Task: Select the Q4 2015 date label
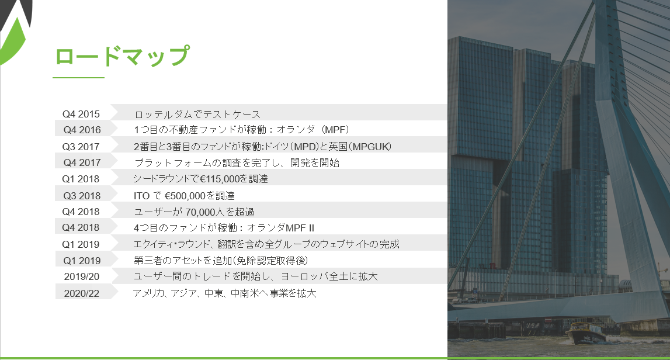pyautogui.click(x=81, y=114)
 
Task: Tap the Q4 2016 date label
pyautogui.click(x=82, y=130)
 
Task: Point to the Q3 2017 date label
pyautogui.click(x=81, y=147)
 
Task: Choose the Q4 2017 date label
pyautogui.click(x=82, y=162)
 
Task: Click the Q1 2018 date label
pyautogui.click(x=81, y=179)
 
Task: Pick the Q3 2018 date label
pyautogui.click(x=82, y=196)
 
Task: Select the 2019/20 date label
pyautogui.click(x=82, y=276)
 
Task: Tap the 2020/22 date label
pyautogui.click(x=82, y=293)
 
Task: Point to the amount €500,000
pyautogui.click(x=185, y=196)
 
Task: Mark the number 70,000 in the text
pyautogui.click(x=200, y=212)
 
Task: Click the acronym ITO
pyautogui.click(x=141, y=196)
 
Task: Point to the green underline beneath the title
pyautogui.click(x=79, y=78)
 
